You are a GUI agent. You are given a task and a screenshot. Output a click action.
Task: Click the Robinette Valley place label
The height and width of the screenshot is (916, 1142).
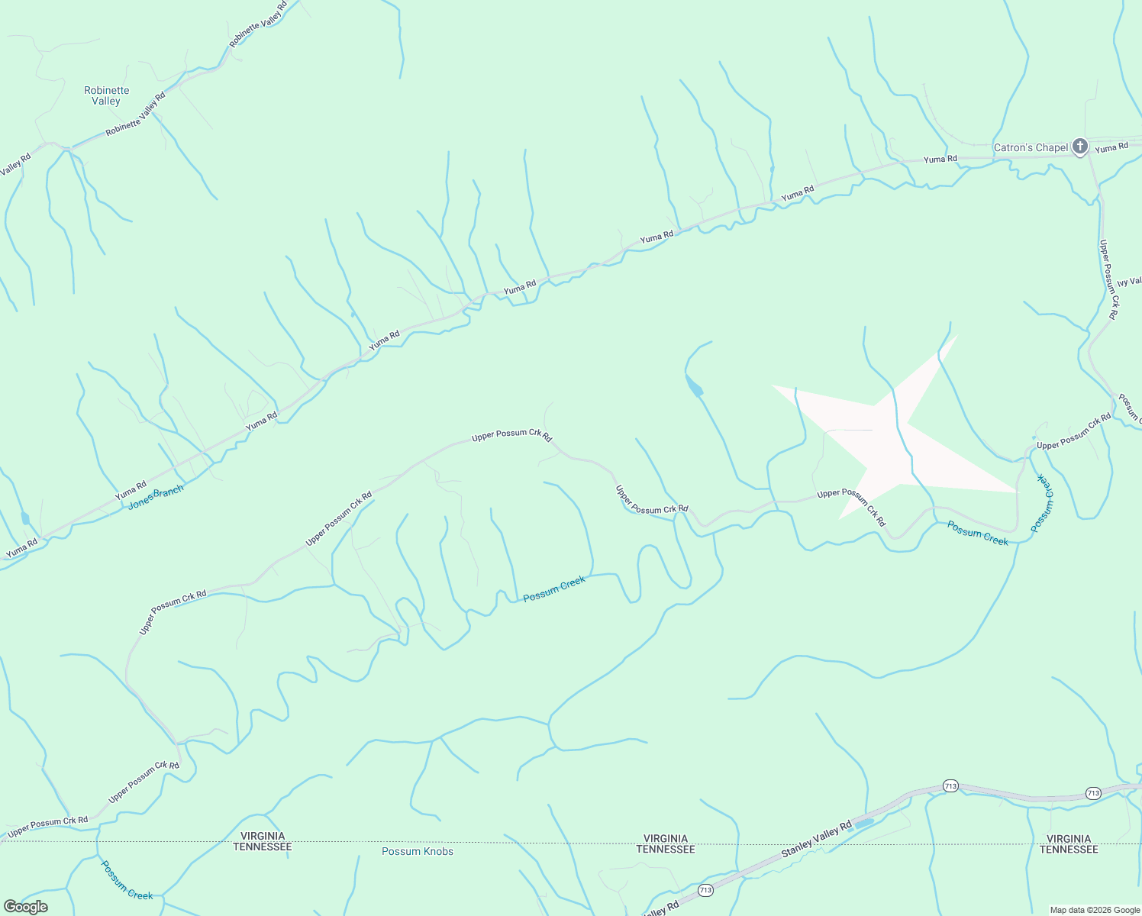pyautogui.click(x=106, y=95)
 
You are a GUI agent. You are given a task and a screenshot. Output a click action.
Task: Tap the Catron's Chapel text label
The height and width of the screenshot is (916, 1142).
pyautogui.click(x=1031, y=147)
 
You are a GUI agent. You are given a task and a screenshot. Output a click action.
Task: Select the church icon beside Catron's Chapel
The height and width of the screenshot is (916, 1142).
pyautogui.click(x=1079, y=146)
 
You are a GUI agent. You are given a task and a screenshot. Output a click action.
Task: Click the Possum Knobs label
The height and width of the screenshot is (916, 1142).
pyautogui.click(x=418, y=851)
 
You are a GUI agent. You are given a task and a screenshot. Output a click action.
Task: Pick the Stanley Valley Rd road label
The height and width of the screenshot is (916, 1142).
pyautogui.click(x=815, y=840)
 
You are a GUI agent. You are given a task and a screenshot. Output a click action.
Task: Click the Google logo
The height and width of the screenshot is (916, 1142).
pyautogui.click(x=25, y=907)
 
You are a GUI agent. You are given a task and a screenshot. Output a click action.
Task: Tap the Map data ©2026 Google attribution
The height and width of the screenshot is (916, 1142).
pyautogui.click(x=1095, y=910)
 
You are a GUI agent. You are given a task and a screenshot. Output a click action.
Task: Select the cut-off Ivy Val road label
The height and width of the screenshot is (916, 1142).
pyautogui.click(x=1129, y=282)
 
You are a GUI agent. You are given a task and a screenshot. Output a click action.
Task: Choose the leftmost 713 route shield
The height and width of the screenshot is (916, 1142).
pyautogui.click(x=705, y=890)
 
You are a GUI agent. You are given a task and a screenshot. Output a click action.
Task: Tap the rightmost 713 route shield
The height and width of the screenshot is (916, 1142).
pyautogui.click(x=1093, y=793)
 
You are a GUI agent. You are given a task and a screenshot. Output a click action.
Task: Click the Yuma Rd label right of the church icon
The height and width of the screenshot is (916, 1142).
pyautogui.click(x=1111, y=147)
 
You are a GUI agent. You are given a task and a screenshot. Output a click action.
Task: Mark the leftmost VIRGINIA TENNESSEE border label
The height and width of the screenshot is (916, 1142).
pyautogui.click(x=262, y=841)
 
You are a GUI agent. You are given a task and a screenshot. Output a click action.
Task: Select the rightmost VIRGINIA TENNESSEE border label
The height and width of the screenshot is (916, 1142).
pyautogui.click(x=1068, y=843)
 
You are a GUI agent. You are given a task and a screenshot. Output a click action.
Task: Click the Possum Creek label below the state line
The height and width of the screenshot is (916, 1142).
pyautogui.click(x=127, y=880)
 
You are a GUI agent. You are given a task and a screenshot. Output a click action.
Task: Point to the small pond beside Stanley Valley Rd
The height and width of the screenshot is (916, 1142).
pyautogui.click(x=863, y=824)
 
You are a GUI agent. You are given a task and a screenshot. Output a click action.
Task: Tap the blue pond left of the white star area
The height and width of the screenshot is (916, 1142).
pyautogui.click(x=694, y=386)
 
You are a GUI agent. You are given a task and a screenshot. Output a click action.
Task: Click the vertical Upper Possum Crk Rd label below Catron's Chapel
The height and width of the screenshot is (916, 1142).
pyautogui.click(x=1108, y=279)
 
